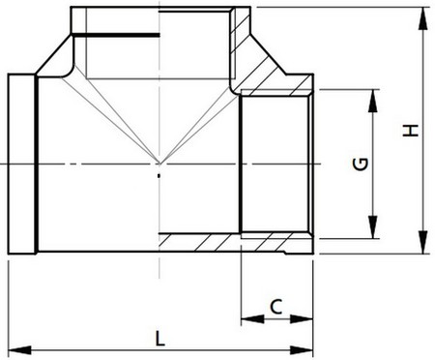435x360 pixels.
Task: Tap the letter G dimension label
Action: click(x=359, y=165)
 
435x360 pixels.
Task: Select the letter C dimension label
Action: click(x=275, y=307)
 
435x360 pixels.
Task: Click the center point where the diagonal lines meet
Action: click(x=159, y=164)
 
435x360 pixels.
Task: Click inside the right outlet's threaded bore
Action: click(x=275, y=165)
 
